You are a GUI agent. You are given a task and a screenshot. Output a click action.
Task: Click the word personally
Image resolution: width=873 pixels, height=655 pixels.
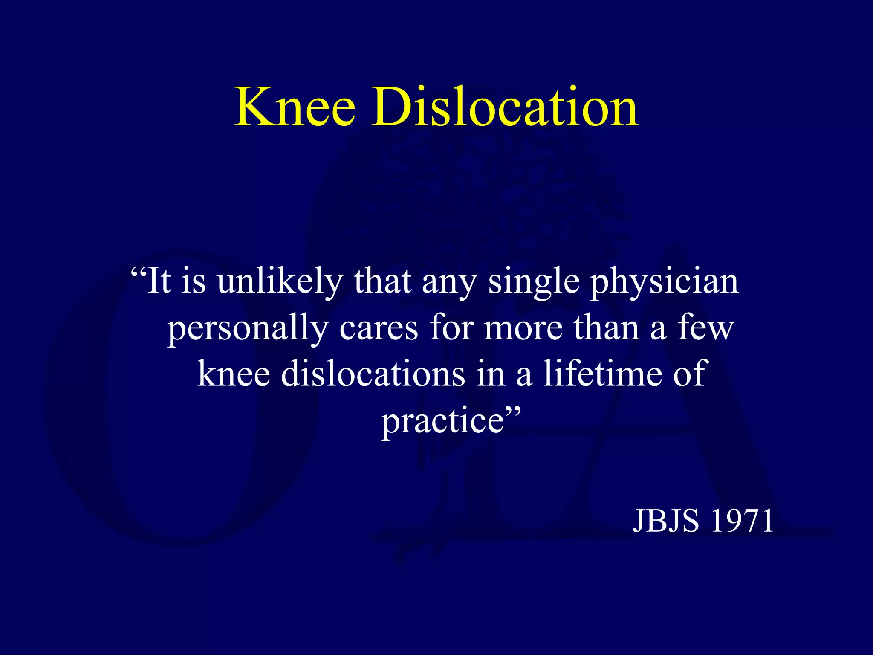[x=248, y=330]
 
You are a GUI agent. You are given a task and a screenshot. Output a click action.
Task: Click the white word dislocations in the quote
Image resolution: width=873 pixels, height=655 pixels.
[x=373, y=374]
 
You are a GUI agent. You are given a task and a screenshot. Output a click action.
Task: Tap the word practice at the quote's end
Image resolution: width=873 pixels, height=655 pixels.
[x=443, y=421]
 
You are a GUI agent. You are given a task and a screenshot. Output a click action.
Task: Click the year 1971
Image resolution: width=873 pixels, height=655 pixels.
[x=742, y=521]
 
